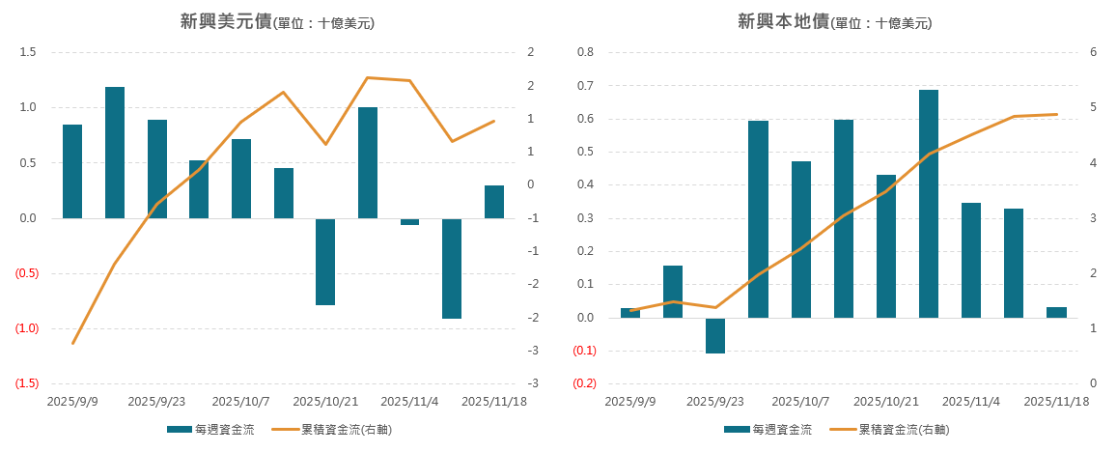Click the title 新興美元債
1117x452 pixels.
[225, 21]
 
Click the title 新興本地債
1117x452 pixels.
[783, 21]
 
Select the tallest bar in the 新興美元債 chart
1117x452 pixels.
[115, 153]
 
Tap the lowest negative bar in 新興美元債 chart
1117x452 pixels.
[452, 268]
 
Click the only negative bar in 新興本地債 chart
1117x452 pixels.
[715, 335]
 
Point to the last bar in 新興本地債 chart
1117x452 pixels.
[1056, 312]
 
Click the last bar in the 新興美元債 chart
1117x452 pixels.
[494, 202]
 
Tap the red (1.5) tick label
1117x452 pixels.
[26, 384]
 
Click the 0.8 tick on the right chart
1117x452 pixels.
[585, 52]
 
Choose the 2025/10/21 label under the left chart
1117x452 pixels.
[325, 401]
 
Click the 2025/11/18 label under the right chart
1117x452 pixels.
[1056, 401]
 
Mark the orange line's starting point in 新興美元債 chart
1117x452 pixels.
[72, 344]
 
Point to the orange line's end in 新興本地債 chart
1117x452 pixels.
[1056, 114]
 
